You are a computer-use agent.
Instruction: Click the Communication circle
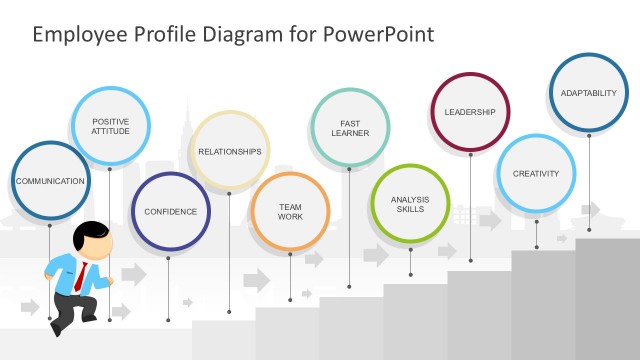[x=49, y=181]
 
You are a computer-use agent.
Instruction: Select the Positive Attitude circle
[x=110, y=126]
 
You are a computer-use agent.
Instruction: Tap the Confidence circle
[x=170, y=212]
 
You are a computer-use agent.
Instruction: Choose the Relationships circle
[x=230, y=151]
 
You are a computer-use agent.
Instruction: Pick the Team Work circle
[x=290, y=211]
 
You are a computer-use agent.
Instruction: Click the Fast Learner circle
[x=349, y=127]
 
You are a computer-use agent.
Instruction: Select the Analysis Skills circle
[x=410, y=203]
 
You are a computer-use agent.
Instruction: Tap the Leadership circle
[x=470, y=112]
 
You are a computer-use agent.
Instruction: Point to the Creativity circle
[x=536, y=173]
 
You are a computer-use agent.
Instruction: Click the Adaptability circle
[x=589, y=93]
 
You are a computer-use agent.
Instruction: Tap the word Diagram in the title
[x=241, y=35]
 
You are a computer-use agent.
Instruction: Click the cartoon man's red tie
[x=78, y=276]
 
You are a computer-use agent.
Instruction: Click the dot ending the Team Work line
[x=290, y=295]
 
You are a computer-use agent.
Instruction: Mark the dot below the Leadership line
[x=470, y=259]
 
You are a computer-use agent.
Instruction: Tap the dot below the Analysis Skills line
[x=410, y=275]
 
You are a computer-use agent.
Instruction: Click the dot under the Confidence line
[x=170, y=320]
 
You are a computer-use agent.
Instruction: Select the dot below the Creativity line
[x=536, y=246]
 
